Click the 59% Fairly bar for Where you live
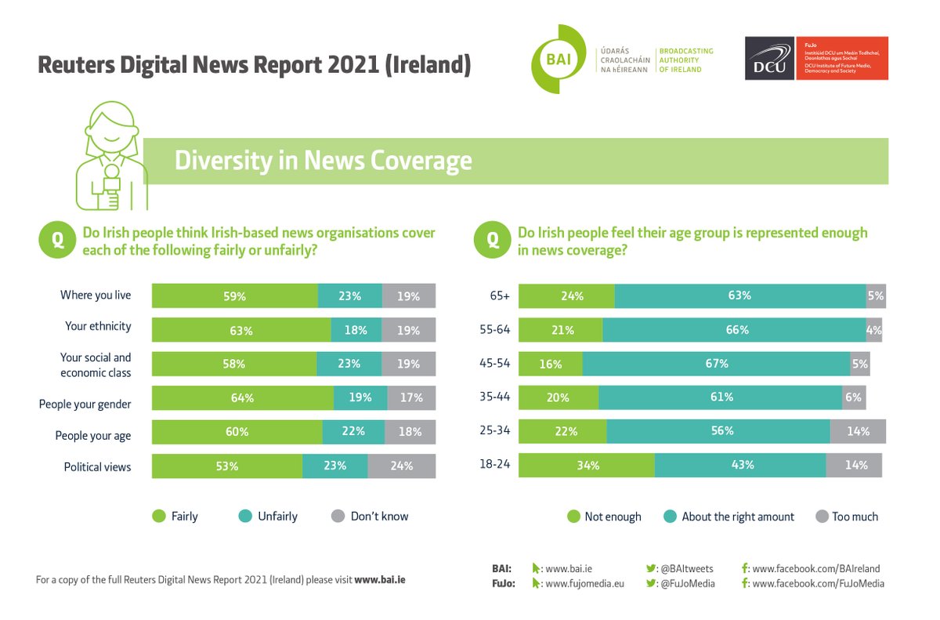(x=235, y=296)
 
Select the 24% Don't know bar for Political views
(x=401, y=466)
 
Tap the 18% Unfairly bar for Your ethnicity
(x=356, y=330)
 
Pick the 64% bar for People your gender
(x=242, y=398)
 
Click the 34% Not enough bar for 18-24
(x=587, y=466)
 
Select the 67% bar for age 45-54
(x=716, y=364)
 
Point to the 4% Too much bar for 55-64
(x=874, y=330)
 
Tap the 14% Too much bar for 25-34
(x=857, y=431)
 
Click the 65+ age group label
(x=500, y=296)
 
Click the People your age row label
(x=92, y=436)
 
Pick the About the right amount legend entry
(x=728, y=517)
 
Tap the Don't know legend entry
(x=371, y=517)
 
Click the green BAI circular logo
(x=559, y=59)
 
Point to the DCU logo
(x=769, y=59)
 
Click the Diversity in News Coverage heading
(x=323, y=161)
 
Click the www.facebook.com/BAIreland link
(x=815, y=568)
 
